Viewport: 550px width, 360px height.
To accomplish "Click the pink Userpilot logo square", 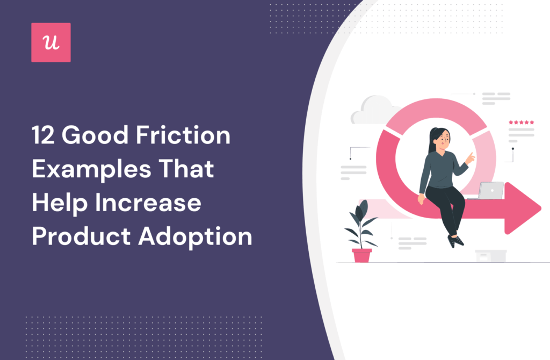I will pos(51,42).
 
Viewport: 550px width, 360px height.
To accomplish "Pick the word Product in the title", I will pos(81,237).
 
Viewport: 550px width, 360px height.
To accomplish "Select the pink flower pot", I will pos(361,255).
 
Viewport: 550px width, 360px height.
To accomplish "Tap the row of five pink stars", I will pos(521,123).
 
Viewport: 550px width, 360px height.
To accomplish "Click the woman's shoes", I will pos(455,241).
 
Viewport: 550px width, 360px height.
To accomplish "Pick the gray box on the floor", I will pos(490,255).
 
